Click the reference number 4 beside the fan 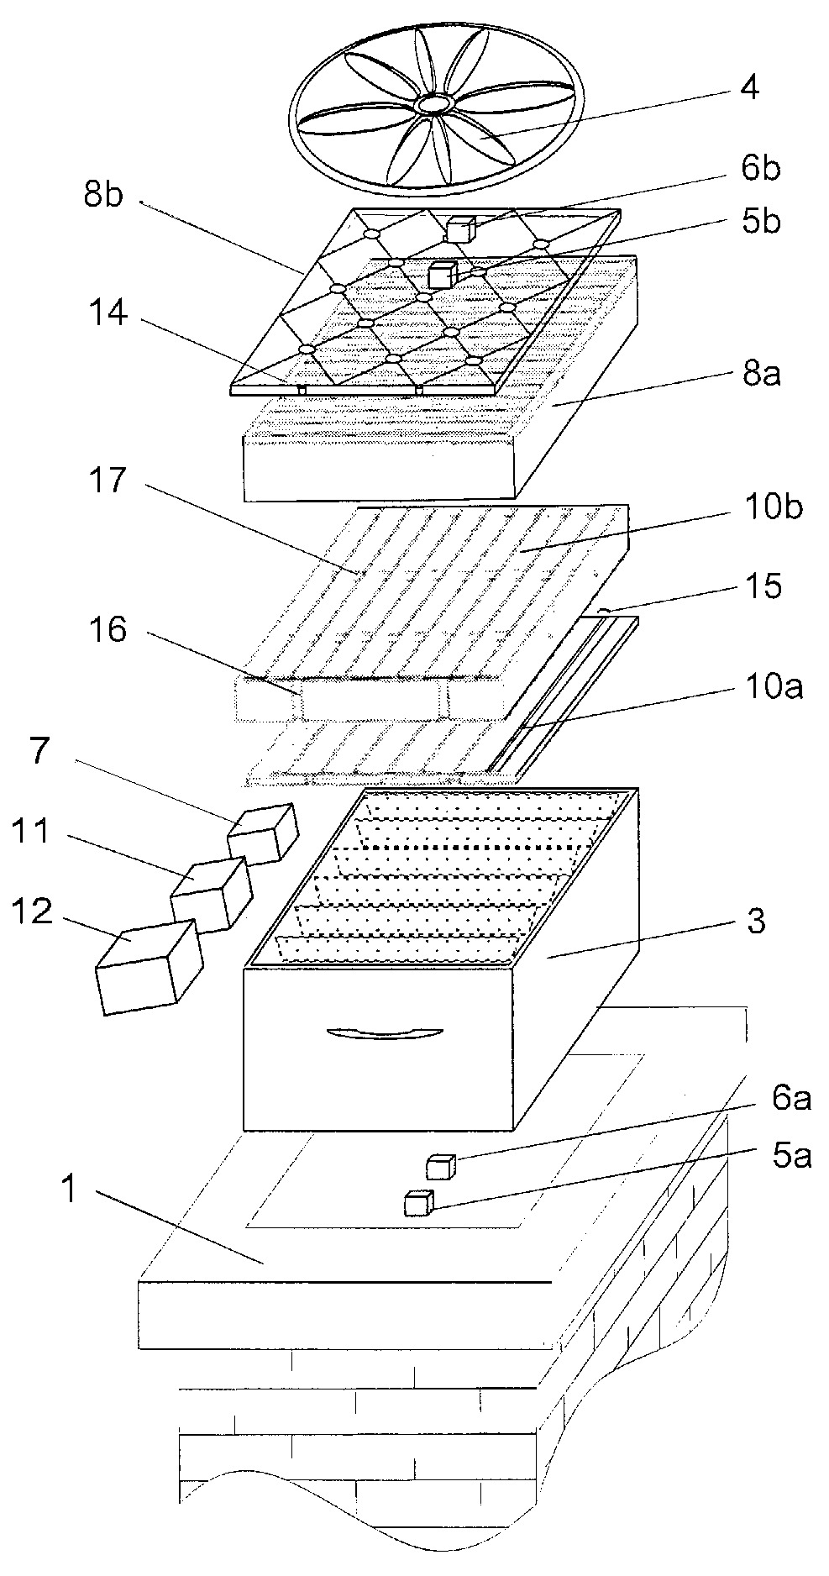[x=748, y=87]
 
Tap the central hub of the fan [x=434, y=103]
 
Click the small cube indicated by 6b [x=460, y=229]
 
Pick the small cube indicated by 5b [x=442, y=274]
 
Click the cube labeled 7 [x=264, y=833]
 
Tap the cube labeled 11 [x=211, y=894]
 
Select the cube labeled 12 [x=150, y=966]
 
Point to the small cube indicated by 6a [x=441, y=1167]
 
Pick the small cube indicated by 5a [x=417, y=1203]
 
